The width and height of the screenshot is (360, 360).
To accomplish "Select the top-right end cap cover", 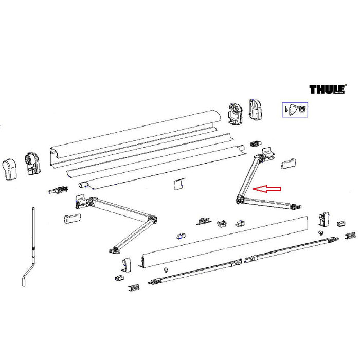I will (256, 109).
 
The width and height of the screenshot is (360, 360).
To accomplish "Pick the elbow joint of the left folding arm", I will (151, 222).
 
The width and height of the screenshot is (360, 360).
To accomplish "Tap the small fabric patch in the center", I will (178, 184).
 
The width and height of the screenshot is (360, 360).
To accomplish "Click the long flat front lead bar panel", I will (226, 242).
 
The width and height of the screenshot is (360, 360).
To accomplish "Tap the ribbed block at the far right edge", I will (350, 235).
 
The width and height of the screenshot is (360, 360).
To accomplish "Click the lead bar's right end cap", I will (323, 220).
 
